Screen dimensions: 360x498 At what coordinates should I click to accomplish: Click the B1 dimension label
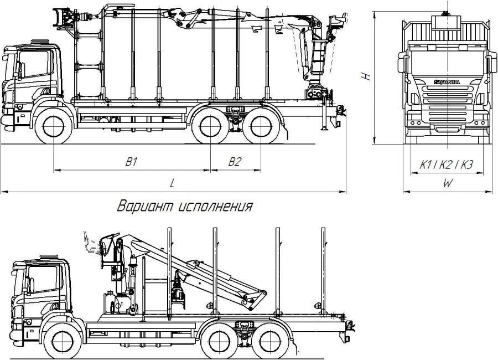[x=131, y=162]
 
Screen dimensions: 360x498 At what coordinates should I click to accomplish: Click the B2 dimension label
[x=235, y=162]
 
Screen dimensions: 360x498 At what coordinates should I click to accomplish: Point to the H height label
[x=366, y=76]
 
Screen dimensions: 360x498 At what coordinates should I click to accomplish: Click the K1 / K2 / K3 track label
[x=446, y=164]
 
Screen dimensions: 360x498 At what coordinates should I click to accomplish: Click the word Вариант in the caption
[x=146, y=207]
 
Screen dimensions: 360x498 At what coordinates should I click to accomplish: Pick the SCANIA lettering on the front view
[x=446, y=82]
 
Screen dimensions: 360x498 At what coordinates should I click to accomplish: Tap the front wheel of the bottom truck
[x=63, y=339]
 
